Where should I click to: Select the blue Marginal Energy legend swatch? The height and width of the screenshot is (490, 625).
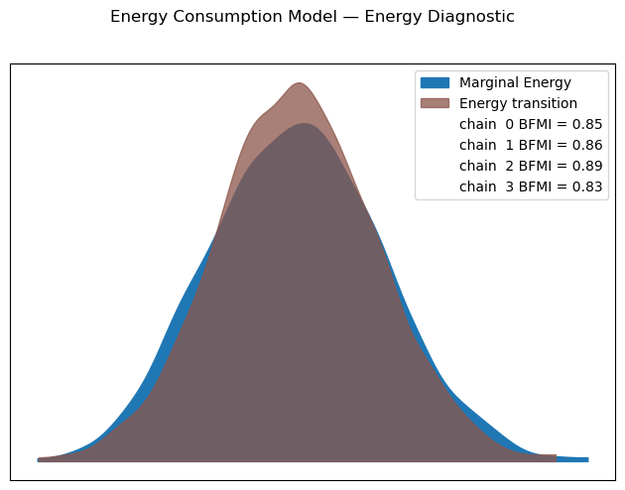point(435,82)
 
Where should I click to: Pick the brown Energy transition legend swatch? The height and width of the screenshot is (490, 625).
point(435,103)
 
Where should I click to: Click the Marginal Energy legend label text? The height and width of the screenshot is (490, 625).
point(515,82)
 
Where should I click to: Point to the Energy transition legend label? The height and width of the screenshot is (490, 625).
point(518,103)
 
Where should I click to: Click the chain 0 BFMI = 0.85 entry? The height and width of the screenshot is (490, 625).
point(530,124)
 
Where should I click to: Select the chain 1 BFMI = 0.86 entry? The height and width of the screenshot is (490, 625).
point(530,145)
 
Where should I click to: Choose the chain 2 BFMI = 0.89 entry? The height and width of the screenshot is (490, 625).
point(530,166)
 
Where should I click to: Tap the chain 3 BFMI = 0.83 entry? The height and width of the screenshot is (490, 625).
point(530,186)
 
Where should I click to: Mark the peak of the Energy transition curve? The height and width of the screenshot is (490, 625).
point(298,83)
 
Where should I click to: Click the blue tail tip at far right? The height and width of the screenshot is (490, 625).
point(585,459)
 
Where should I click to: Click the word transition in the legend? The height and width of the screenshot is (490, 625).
point(544,103)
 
